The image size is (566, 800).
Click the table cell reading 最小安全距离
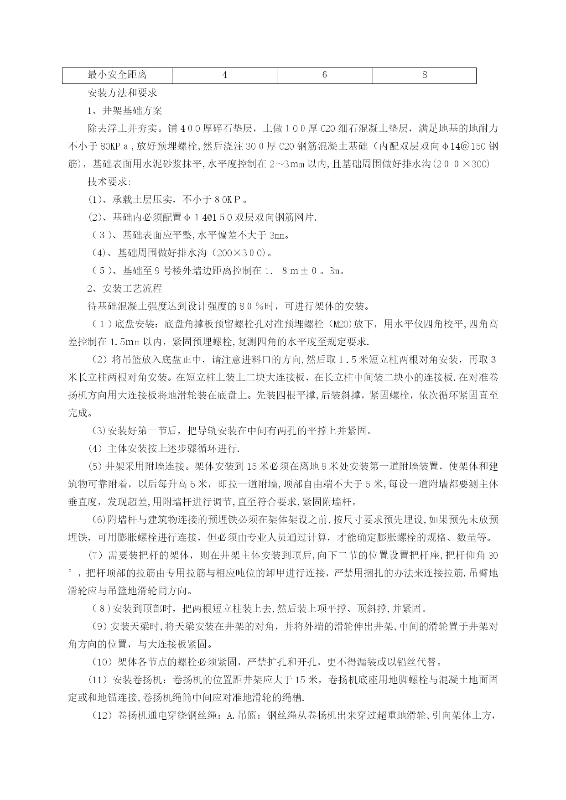point(117,75)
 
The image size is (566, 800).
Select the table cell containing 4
point(224,75)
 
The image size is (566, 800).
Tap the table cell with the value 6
point(324,75)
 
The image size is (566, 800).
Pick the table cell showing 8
point(424,75)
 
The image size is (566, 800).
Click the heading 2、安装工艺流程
point(125,289)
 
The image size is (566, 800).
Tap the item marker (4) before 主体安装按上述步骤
point(95,449)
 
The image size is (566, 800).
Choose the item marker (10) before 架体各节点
point(100,662)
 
